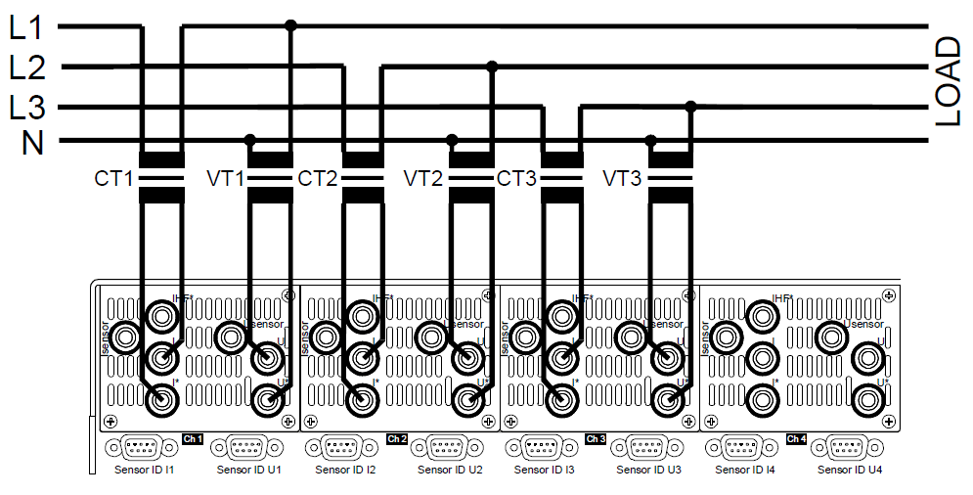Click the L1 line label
(26, 26)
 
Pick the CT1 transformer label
(113, 179)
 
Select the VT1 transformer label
(224, 179)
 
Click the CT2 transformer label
(318, 179)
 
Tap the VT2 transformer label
(423, 179)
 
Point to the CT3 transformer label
(517, 179)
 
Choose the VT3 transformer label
(623, 179)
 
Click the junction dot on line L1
(289, 25)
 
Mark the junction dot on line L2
(492, 67)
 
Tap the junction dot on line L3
(691, 106)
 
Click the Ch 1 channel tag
(192, 439)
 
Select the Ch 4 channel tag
(796, 439)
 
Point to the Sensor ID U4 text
(849, 471)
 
